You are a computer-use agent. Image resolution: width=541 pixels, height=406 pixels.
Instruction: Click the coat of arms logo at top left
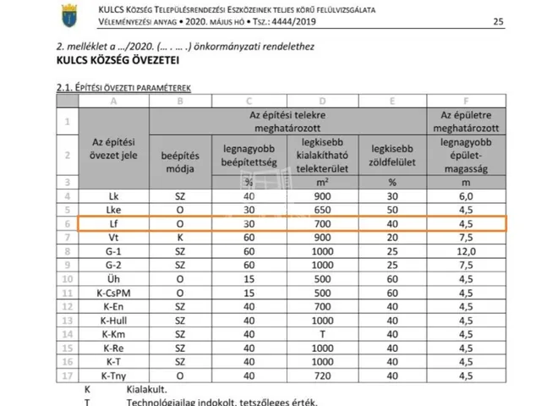click(68, 14)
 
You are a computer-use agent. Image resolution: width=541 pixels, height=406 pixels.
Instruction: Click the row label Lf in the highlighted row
click(112, 223)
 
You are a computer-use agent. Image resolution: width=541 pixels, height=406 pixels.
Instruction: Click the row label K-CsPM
click(112, 293)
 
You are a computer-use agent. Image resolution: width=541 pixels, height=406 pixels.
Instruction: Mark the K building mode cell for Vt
click(179, 238)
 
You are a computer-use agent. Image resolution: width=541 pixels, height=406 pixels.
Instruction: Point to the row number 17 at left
click(66, 375)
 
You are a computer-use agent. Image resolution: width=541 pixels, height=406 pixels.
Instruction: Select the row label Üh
click(112, 279)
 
